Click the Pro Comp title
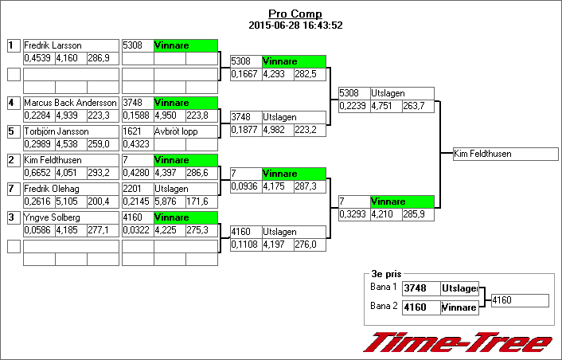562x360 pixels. click(x=295, y=14)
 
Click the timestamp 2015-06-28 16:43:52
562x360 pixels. click(x=295, y=25)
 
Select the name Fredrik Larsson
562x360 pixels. click(x=53, y=45)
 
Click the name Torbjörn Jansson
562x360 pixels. click(x=56, y=131)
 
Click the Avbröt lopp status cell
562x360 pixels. click(x=176, y=131)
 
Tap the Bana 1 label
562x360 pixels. click(x=383, y=288)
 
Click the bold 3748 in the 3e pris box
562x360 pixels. click(x=416, y=288)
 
